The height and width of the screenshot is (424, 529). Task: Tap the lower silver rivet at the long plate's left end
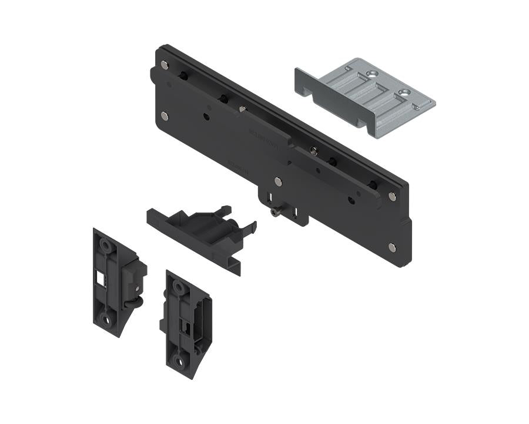(x=164, y=115)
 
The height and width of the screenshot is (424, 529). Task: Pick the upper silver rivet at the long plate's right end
(x=391, y=197)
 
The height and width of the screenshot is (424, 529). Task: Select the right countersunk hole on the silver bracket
(x=403, y=91)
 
